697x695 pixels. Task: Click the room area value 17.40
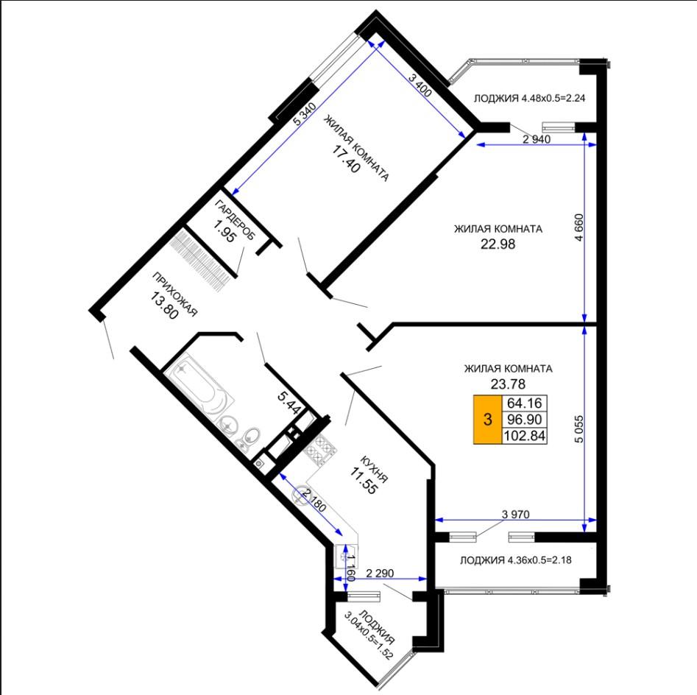click(346, 159)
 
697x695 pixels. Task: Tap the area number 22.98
click(498, 244)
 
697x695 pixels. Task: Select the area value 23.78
click(508, 384)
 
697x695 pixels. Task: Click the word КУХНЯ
click(375, 469)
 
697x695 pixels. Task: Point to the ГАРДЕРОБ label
click(235, 220)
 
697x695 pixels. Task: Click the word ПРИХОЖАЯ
click(174, 294)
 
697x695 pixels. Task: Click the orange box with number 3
click(488, 420)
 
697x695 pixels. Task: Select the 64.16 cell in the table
click(525, 403)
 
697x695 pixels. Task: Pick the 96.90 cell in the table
click(525, 420)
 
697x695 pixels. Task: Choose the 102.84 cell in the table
click(525, 435)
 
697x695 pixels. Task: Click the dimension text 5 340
click(305, 115)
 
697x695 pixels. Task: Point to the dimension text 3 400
click(420, 86)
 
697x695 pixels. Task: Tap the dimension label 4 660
click(579, 227)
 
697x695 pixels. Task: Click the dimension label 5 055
click(579, 428)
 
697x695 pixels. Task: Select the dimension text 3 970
click(516, 514)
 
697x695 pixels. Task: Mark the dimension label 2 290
click(380, 574)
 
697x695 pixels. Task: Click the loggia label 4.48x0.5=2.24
click(529, 98)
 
